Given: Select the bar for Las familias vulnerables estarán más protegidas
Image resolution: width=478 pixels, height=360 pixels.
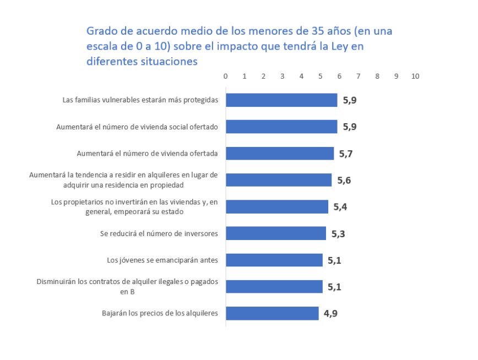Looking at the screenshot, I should tap(281, 100).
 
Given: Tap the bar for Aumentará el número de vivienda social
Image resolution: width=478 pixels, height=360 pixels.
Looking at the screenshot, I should tap(281, 127).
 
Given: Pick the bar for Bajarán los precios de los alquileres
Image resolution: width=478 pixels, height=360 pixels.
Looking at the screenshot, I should tap(272, 313).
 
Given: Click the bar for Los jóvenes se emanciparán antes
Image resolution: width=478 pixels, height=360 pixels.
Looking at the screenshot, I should tap(274, 260).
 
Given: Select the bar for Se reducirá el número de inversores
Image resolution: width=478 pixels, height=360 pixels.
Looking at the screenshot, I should tap(276, 233).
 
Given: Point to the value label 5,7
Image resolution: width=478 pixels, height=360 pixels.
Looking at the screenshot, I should tap(345, 154).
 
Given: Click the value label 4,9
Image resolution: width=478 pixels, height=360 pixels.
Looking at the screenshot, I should tap(330, 314).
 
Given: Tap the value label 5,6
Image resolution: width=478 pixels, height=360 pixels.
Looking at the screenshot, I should tap(344, 181).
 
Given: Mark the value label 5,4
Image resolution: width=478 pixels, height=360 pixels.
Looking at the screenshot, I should tap(340, 207).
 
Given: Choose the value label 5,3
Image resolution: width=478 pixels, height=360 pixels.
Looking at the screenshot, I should tap(338, 234).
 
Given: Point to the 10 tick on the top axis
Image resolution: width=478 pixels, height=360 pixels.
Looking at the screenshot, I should tap(415, 77).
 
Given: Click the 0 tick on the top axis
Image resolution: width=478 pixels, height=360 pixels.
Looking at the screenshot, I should tap(226, 77).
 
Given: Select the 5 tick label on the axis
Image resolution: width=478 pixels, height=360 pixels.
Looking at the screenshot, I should tap(321, 77).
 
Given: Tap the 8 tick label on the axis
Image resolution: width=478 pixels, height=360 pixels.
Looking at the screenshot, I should tap(377, 77).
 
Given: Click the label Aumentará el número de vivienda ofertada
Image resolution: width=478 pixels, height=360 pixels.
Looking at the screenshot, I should tap(147, 154).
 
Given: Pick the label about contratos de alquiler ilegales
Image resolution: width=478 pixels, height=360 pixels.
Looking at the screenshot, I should tap(127, 287).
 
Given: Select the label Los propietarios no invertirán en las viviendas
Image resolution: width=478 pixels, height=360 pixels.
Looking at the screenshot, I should tap(134, 207).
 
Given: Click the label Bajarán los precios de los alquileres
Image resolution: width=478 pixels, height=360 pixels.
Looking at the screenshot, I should tap(160, 313).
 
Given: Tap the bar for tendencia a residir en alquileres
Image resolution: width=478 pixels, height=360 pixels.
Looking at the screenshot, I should tap(279, 180).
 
